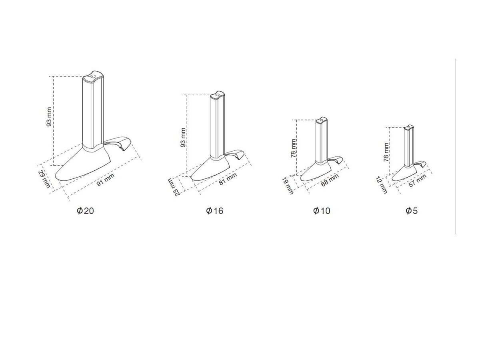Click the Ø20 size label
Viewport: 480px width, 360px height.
click(85, 211)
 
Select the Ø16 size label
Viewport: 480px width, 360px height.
click(214, 211)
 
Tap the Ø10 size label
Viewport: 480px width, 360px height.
click(322, 211)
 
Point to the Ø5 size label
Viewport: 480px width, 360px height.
click(412, 211)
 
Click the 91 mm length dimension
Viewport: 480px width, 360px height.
click(106, 180)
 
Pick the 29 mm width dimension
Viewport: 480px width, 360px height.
click(44, 179)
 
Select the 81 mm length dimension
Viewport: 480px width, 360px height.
click(228, 179)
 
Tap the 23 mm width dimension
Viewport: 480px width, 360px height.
click(174, 187)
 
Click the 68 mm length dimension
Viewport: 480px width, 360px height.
click(330, 180)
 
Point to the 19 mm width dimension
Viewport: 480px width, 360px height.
click(288, 186)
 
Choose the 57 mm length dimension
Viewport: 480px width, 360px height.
click(418, 180)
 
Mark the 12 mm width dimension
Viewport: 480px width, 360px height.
click(382, 185)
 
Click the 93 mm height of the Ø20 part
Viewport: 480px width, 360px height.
click(49, 117)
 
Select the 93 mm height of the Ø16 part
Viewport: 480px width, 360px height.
click(183, 138)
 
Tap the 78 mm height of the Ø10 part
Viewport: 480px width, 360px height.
click(294, 148)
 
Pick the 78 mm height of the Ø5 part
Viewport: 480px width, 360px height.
click(386, 152)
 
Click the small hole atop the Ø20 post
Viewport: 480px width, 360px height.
click(92, 76)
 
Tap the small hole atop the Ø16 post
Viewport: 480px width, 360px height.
click(217, 95)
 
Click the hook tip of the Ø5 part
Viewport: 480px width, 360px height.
click(421, 166)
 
